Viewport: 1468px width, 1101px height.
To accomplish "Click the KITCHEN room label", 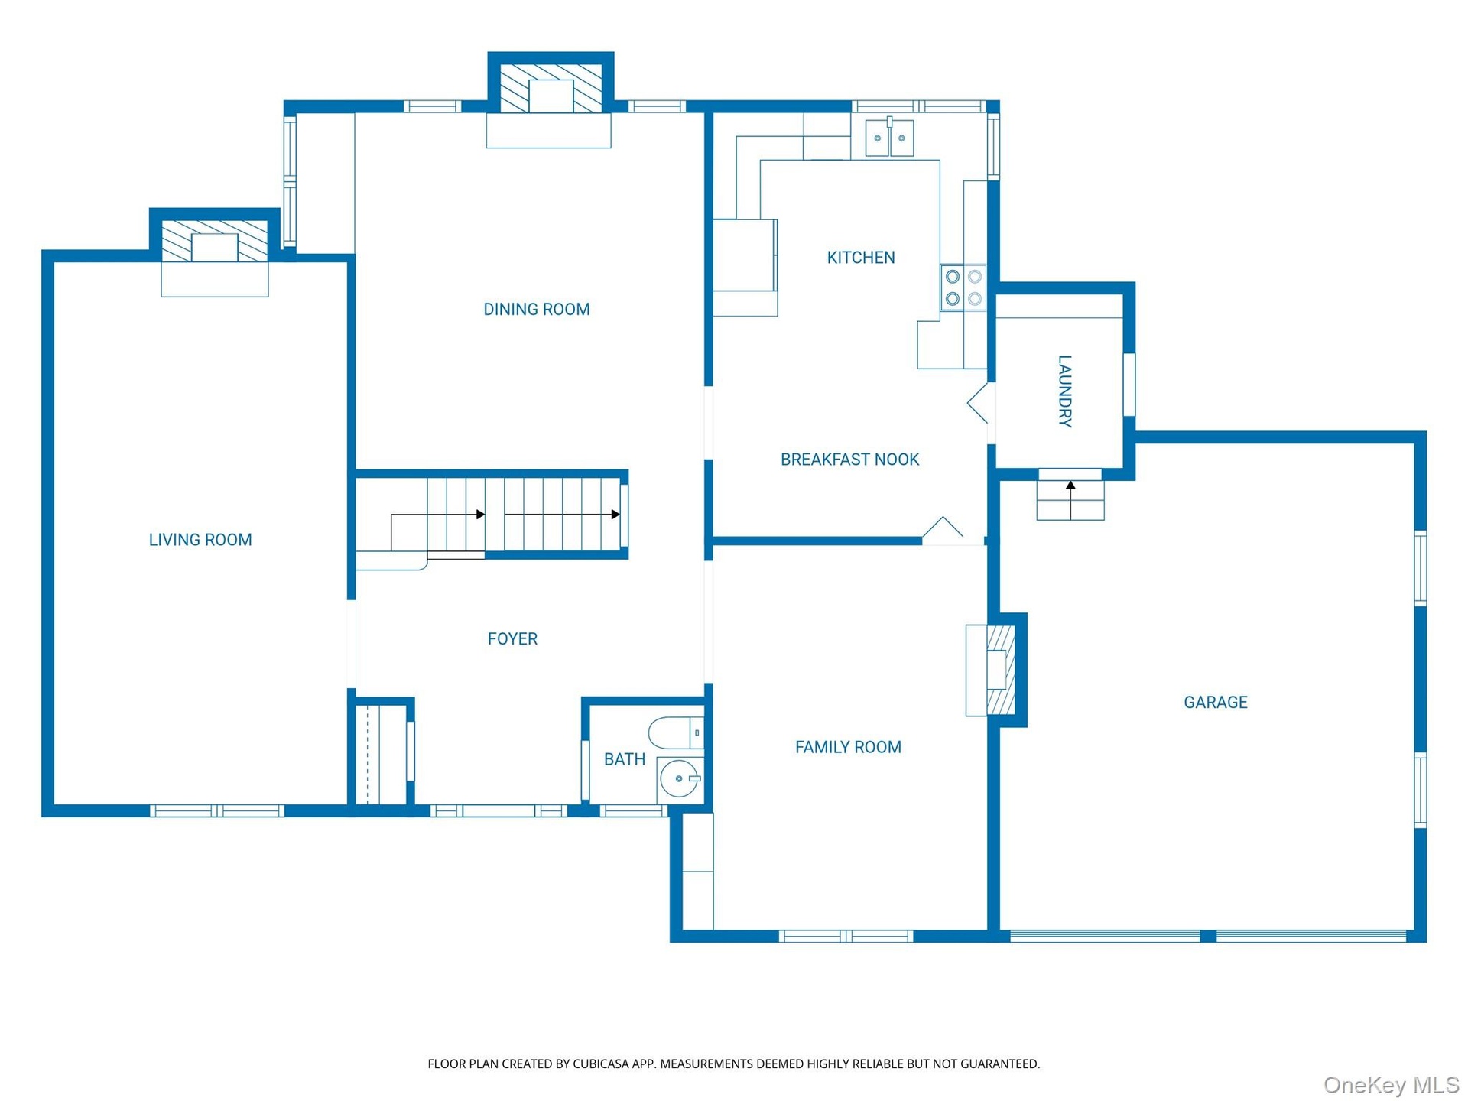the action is [x=861, y=258].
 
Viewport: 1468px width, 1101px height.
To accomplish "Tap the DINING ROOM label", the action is [x=537, y=310].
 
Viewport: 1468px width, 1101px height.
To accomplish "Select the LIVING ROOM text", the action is [x=200, y=540].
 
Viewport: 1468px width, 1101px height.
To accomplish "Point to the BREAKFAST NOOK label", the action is [x=849, y=460].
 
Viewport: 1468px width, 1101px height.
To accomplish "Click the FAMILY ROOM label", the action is [x=848, y=747].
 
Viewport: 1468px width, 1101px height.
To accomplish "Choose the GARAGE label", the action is [x=1216, y=702].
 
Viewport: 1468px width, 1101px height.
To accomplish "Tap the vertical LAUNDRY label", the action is [x=1064, y=391].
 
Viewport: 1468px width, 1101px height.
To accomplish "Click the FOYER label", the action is [x=512, y=638].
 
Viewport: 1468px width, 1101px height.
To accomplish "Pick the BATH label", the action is [x=625, y=759].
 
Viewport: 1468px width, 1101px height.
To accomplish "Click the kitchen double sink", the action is [x=889, y=137].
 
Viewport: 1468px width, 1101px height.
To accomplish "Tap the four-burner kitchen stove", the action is [x=963, y=287].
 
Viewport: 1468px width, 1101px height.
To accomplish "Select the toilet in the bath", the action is [x=675, y=732].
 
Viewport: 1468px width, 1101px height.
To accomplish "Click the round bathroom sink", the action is [x=679, y=779].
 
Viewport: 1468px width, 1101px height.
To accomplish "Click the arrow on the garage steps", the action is [x=1070, y=499].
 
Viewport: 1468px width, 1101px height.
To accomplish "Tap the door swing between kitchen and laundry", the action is [x=978, y=402].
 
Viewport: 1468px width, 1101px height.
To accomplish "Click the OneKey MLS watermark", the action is [x=1392, y=1085].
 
